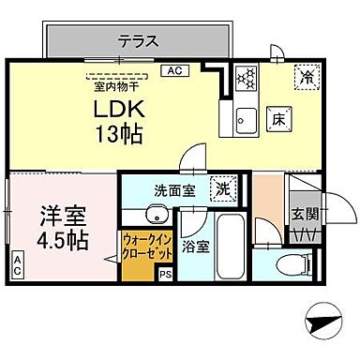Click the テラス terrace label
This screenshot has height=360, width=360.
click(137, 41)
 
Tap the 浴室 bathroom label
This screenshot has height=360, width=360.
click(195, 247)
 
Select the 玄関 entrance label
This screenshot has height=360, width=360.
click(306, 214)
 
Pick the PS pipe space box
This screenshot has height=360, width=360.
click(165, 275)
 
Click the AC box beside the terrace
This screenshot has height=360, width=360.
click(173, 70)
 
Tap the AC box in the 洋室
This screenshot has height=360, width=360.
click(18, 264)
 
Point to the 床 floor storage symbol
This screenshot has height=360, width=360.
click(277, 119)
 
